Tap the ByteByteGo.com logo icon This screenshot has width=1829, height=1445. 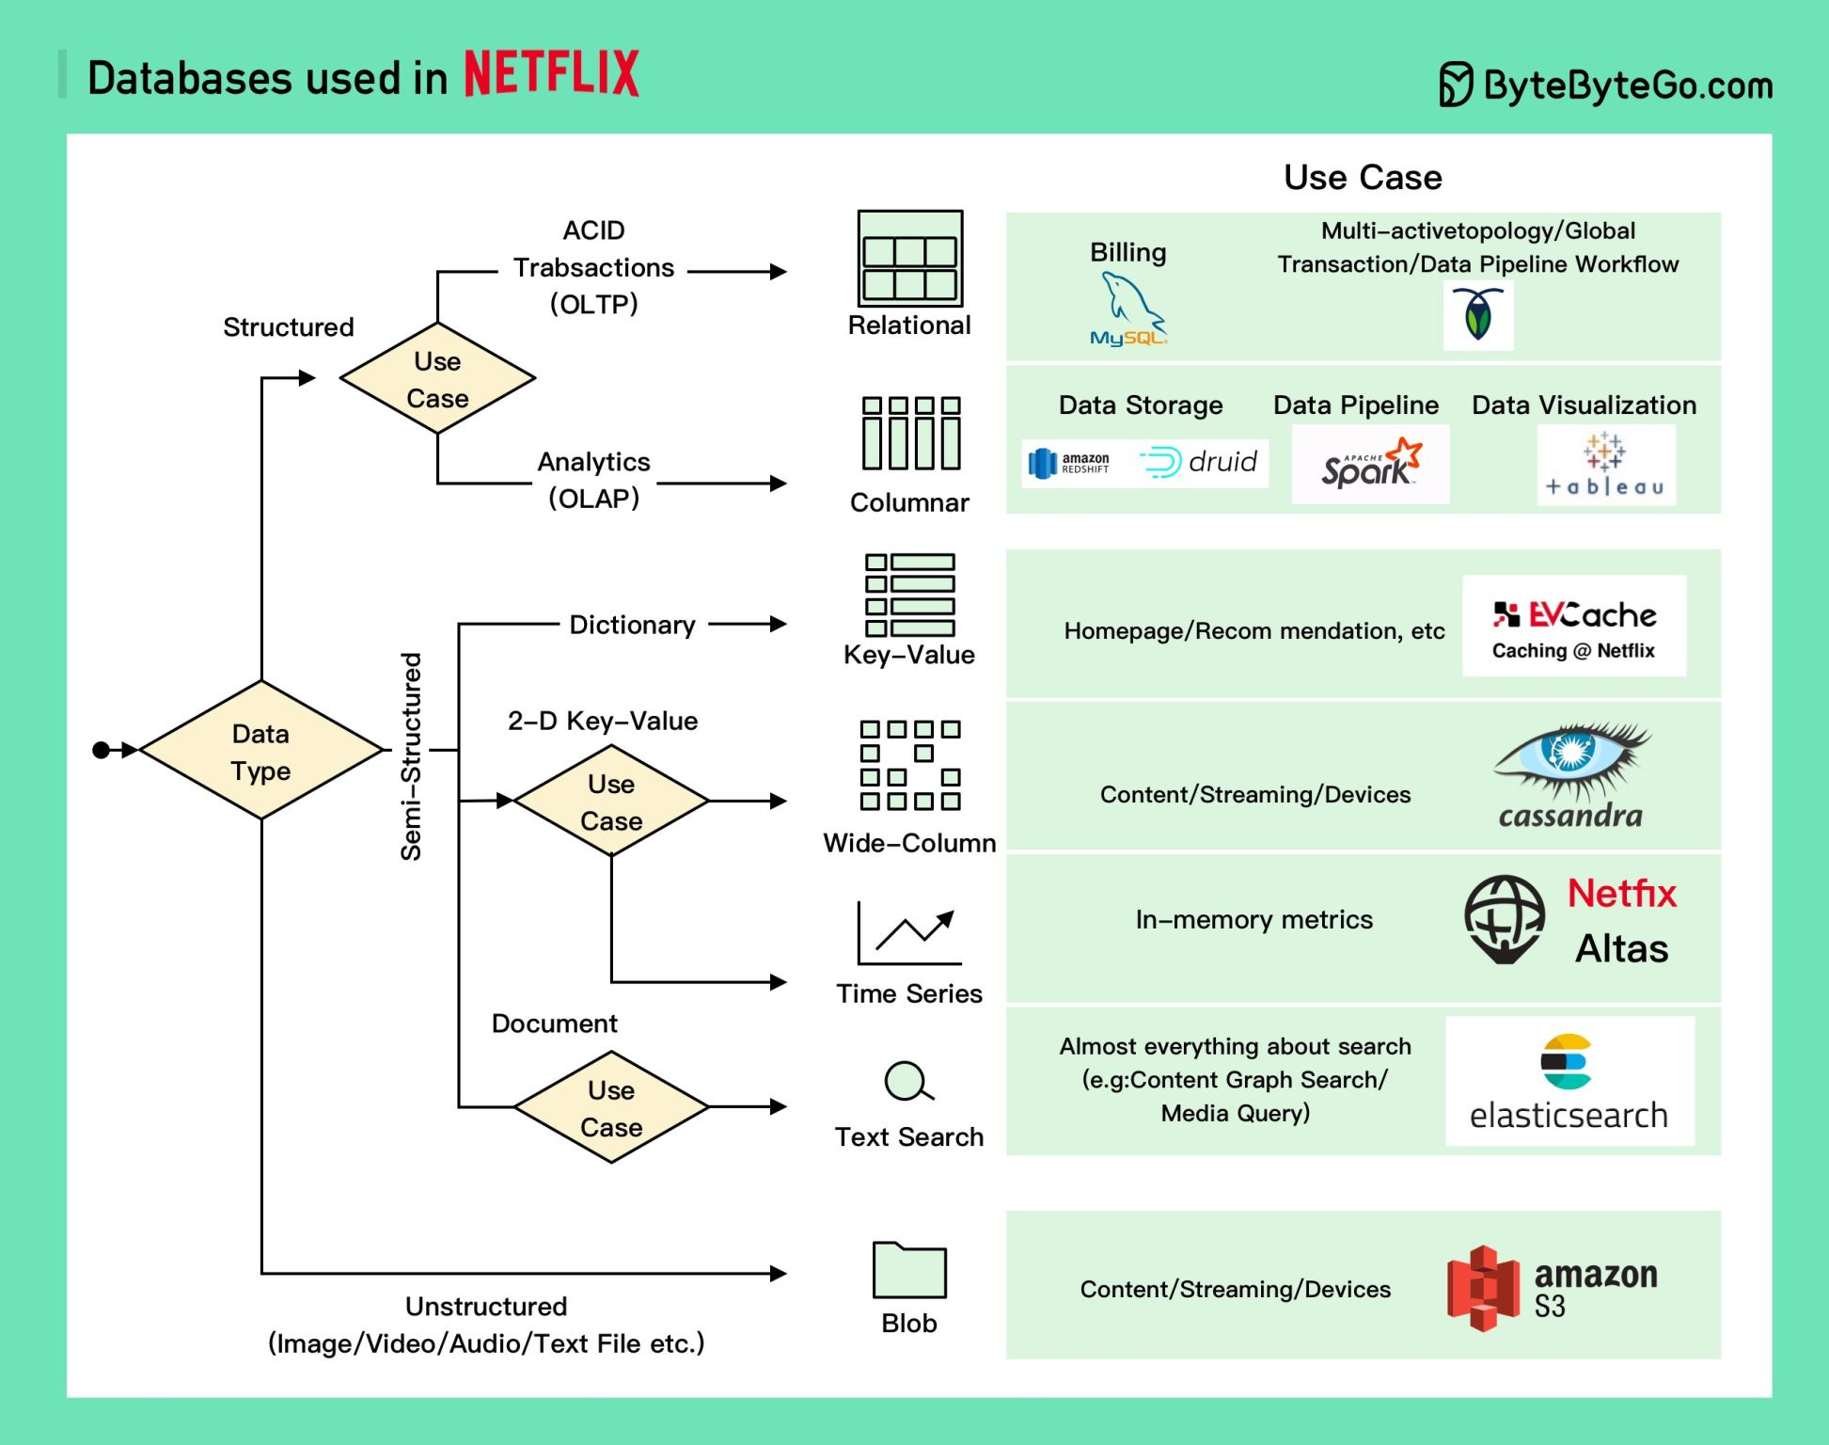(1455, 85)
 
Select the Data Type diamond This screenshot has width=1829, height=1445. (260, 751)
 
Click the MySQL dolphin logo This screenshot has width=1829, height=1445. (1128, 310)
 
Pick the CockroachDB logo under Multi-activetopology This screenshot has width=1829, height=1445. (1477, 315)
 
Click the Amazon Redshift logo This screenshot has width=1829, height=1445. (1070, 463)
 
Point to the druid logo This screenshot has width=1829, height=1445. (1199, 462)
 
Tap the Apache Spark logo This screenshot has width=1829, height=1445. (1370, 464)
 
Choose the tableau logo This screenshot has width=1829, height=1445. (1605, 465)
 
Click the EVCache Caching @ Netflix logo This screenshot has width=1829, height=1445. (1573, 627)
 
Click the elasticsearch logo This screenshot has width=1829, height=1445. (1569, 1081)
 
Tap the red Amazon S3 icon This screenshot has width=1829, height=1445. (1483, 1288)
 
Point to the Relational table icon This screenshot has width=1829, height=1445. (909, 258)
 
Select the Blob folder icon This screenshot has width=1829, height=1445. (908, 1270)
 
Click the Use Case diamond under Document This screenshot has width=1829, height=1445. (611, 1107)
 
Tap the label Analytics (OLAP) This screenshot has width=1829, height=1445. (593, 480)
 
